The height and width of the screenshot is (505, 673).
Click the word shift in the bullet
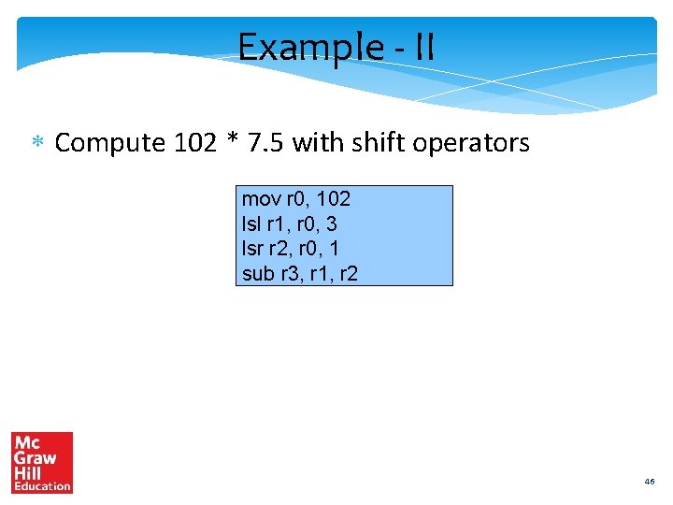click(365, 143)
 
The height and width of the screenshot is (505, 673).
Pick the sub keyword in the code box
click(258, 274)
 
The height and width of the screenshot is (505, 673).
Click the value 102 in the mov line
click(333, 199)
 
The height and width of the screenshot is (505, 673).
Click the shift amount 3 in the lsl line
click(332, 224)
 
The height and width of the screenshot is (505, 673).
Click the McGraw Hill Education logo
click(42, 462)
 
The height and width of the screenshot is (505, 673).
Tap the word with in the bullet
click(312, 143)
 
